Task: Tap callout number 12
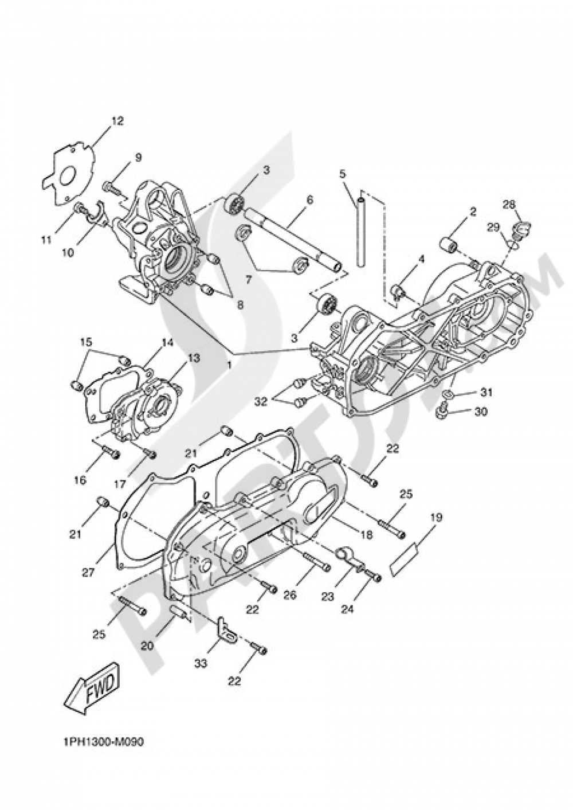[x=117, y=121]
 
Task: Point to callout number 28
[x=509, y=204]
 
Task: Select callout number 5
[x=343, y=173]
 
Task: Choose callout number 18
[x=366, y=535]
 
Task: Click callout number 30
[x=481, y=412]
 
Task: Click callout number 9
[x=138, y=157]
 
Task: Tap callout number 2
[x=473, y=212]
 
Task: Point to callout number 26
[x=290, y=595]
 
